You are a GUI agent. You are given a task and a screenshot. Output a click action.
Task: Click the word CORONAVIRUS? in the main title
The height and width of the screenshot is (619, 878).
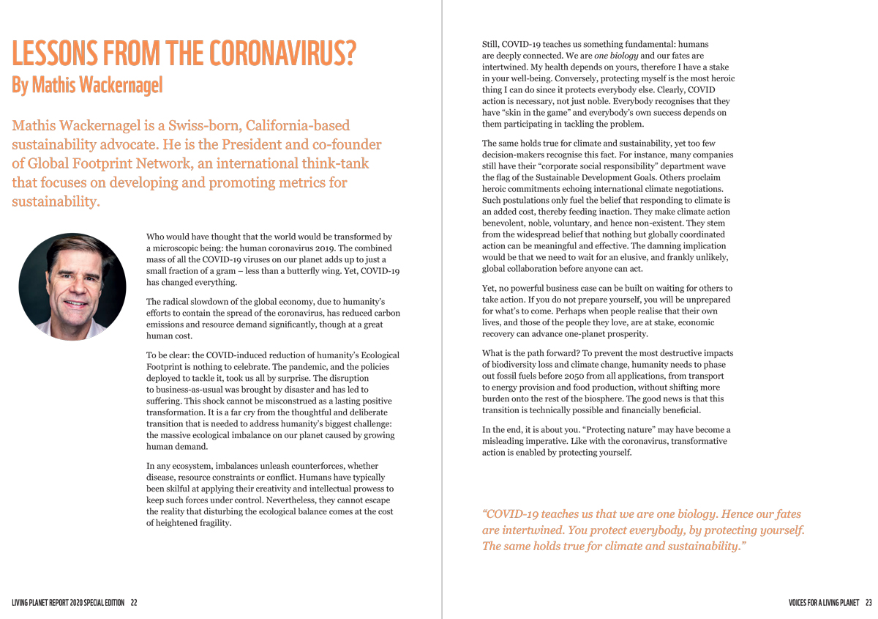click(282, 55)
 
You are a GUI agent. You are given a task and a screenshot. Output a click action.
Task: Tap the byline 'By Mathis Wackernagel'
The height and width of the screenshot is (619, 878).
click(87, 85)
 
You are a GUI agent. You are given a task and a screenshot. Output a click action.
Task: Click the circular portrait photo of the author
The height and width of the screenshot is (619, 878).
click(72, 286)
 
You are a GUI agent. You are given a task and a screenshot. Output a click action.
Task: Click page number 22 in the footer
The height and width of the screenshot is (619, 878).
click(134, 603)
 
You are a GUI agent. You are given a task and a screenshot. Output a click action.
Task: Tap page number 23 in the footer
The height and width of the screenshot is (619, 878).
click(868, 603)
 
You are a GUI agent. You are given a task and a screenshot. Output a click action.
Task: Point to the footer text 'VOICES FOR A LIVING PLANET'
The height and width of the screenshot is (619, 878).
click(823, 603)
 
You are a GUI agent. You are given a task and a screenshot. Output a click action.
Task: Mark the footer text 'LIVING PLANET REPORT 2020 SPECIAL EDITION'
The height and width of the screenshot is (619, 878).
click(69, 603)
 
